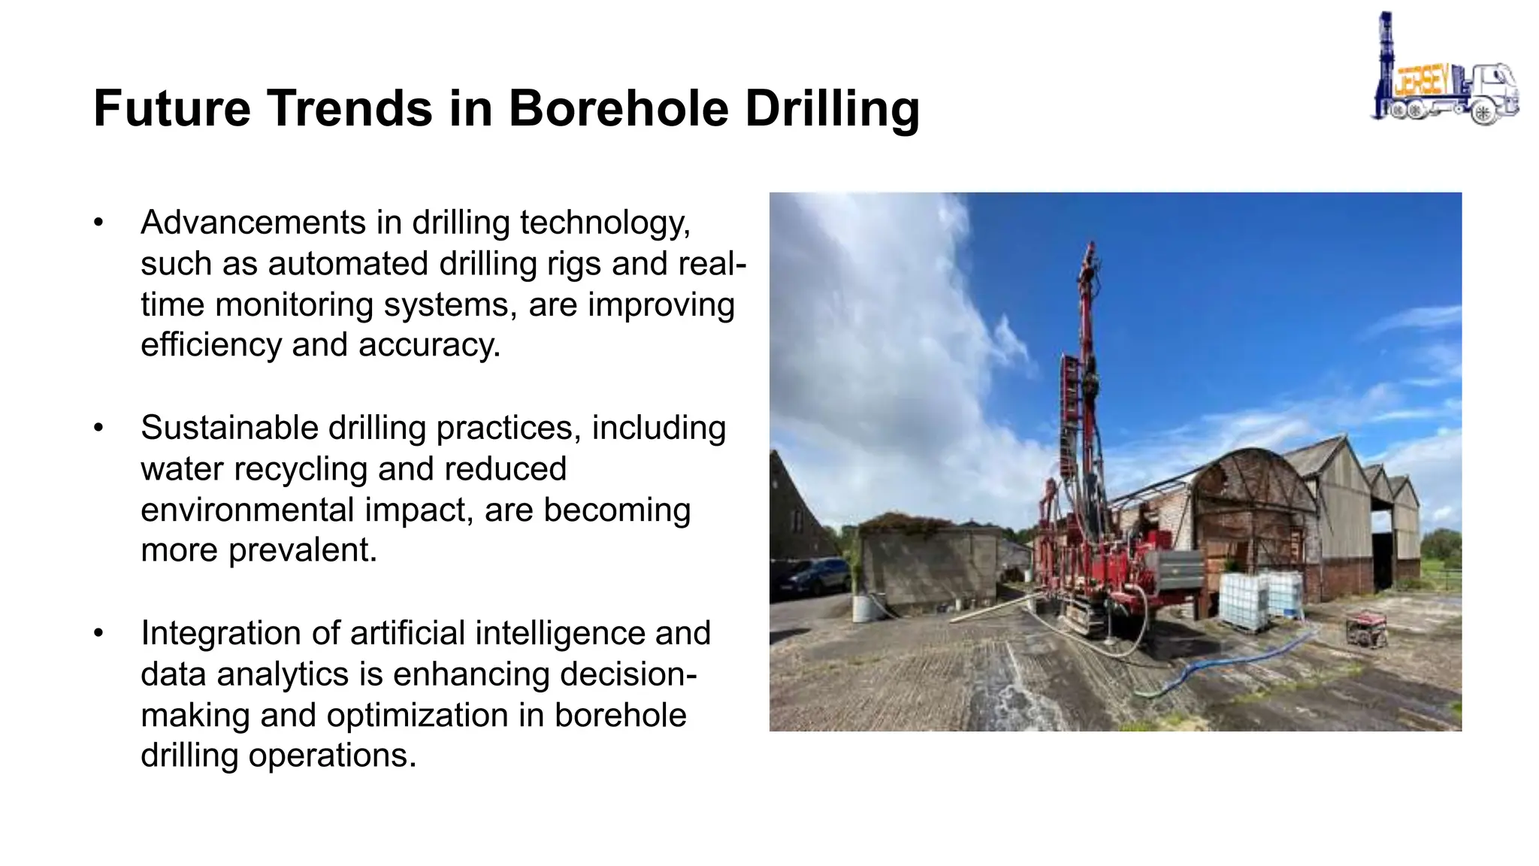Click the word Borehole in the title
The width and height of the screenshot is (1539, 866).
(x=618, y=108)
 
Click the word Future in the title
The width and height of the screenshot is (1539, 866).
(x=171, y=108)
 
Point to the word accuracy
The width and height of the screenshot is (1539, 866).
(x=428, y=345)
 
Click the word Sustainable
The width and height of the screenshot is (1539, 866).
(x=229, y=428)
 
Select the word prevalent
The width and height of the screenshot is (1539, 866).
(x=302, y=550)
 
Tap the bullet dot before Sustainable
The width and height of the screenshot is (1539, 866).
(x=98, y=428)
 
